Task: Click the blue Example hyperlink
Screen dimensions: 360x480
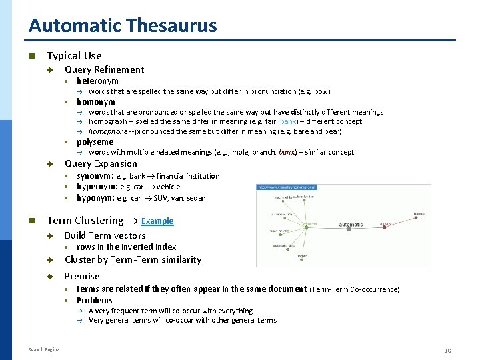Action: click(157, 221)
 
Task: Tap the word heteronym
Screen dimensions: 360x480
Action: click(97, 81)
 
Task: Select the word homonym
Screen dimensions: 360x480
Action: click(95, 102)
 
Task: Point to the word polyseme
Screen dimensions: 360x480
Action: click(95, 142)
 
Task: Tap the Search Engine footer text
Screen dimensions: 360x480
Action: click(44, 349)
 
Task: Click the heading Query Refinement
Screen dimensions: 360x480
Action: click(104, 69)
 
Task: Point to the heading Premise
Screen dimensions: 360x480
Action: click(82, 276)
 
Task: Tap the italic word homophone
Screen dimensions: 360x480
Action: click(108, 131)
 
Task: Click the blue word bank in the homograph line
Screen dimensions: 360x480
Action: click(289, 121)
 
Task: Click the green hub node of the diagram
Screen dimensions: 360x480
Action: click(305, 228)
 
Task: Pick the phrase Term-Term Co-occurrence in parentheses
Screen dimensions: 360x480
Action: click(355, 289)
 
